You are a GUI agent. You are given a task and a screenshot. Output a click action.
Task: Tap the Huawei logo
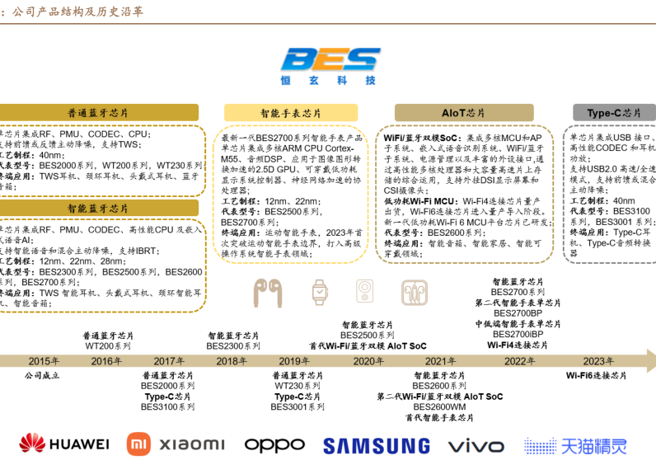(64, 444)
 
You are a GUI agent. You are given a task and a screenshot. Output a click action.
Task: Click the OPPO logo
(274, 444)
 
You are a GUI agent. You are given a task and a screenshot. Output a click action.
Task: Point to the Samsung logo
(376, 445)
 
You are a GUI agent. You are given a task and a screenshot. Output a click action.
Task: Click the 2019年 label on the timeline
(294, 361)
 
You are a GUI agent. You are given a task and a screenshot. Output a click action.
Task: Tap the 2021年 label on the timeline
(440, 361)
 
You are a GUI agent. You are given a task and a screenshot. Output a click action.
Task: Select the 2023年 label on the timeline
(597, 361)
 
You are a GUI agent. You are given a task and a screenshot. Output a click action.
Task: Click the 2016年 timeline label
(106, 361)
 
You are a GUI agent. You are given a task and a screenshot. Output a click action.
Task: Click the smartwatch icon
(319, 291)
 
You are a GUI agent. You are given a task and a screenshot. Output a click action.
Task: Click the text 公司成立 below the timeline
(44, 375)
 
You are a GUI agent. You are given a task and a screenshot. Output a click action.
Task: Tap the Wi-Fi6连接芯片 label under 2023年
(596, 375)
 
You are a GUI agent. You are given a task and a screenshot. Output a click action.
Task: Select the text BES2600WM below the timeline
(439, 406)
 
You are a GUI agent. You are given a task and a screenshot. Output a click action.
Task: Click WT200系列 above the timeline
(108, 346)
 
